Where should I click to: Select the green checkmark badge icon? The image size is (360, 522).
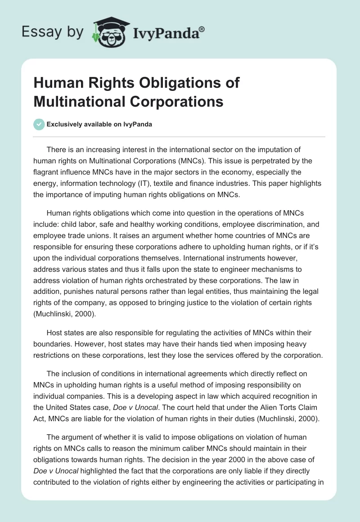[x=39, y=124]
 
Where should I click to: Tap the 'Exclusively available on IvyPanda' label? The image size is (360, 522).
[x=99, y=124]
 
